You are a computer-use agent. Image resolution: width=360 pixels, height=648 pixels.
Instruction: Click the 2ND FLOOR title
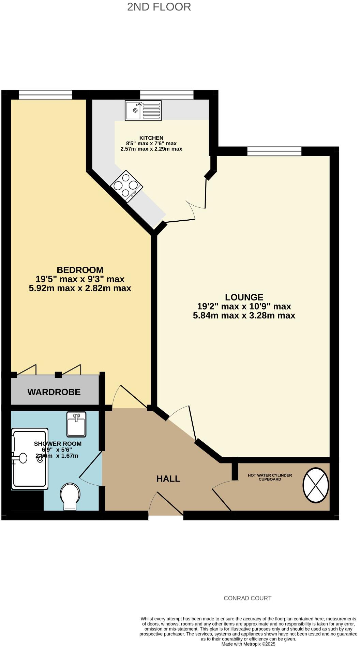[x=159, y=7]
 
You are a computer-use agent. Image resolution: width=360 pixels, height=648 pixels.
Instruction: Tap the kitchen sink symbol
[x=143, y=111]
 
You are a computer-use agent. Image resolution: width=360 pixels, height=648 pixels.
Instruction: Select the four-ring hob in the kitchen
[x=127, y=186]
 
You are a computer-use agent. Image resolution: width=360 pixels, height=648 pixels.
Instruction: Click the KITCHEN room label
[x=151, y=138]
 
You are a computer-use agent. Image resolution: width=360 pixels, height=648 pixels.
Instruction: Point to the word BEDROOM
[x=80, y=270]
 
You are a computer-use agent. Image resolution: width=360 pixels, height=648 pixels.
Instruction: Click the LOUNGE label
[x=244, y=297]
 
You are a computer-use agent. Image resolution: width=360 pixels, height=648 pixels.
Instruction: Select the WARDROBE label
[x=54, y=392]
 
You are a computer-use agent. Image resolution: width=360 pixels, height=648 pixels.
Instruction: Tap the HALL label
[x=168, y=479]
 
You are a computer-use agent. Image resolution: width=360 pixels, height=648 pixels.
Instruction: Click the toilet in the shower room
[x=70, y=497]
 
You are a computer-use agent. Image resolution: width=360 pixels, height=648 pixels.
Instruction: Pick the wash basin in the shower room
[x=76, y=425]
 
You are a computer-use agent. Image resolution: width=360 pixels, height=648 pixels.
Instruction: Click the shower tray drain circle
[x=40, y=458]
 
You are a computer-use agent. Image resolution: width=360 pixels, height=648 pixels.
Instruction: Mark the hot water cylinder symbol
[x=316, y=485]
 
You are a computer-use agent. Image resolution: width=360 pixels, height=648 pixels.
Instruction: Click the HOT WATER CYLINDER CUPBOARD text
[x=270, y=477]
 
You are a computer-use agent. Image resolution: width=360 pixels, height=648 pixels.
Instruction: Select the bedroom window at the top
[x=45, y=94]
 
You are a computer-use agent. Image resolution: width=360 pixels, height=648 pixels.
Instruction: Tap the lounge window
[x=274, y=151]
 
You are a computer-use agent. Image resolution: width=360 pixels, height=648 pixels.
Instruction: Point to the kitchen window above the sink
[x=167, y=94]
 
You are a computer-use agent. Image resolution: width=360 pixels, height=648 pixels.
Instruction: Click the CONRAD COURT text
[x=247, y=598]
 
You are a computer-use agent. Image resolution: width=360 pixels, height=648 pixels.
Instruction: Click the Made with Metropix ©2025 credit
[x=248, y=644]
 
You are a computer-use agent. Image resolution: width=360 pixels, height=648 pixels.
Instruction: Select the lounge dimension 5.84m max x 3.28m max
[x=244, y=315]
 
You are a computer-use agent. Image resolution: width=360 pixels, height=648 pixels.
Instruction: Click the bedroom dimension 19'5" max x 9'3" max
[x=80, y=279]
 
